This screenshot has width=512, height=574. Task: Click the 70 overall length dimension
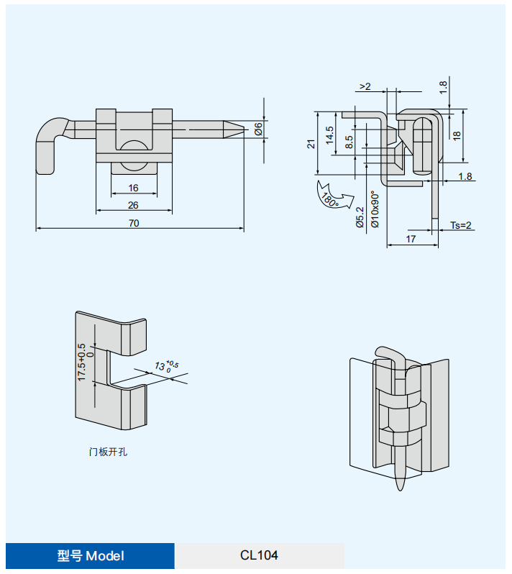(x=134, y=223)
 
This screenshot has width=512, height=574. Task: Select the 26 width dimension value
(x=133, y=205)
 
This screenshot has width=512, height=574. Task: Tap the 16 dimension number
(x=133, y=188)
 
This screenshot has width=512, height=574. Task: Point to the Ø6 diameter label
(x=258, y=129)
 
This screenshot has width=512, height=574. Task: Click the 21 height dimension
(x=311, y=144)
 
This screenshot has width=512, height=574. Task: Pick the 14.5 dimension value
(x=330, y=135)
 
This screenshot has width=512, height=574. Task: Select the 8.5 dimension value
(x=349, y=142)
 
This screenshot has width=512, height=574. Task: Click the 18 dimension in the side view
(x=456, y=135)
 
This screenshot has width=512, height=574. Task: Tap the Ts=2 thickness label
(x=460, y=225)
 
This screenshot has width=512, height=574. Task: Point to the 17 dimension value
(x=411, y=239)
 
